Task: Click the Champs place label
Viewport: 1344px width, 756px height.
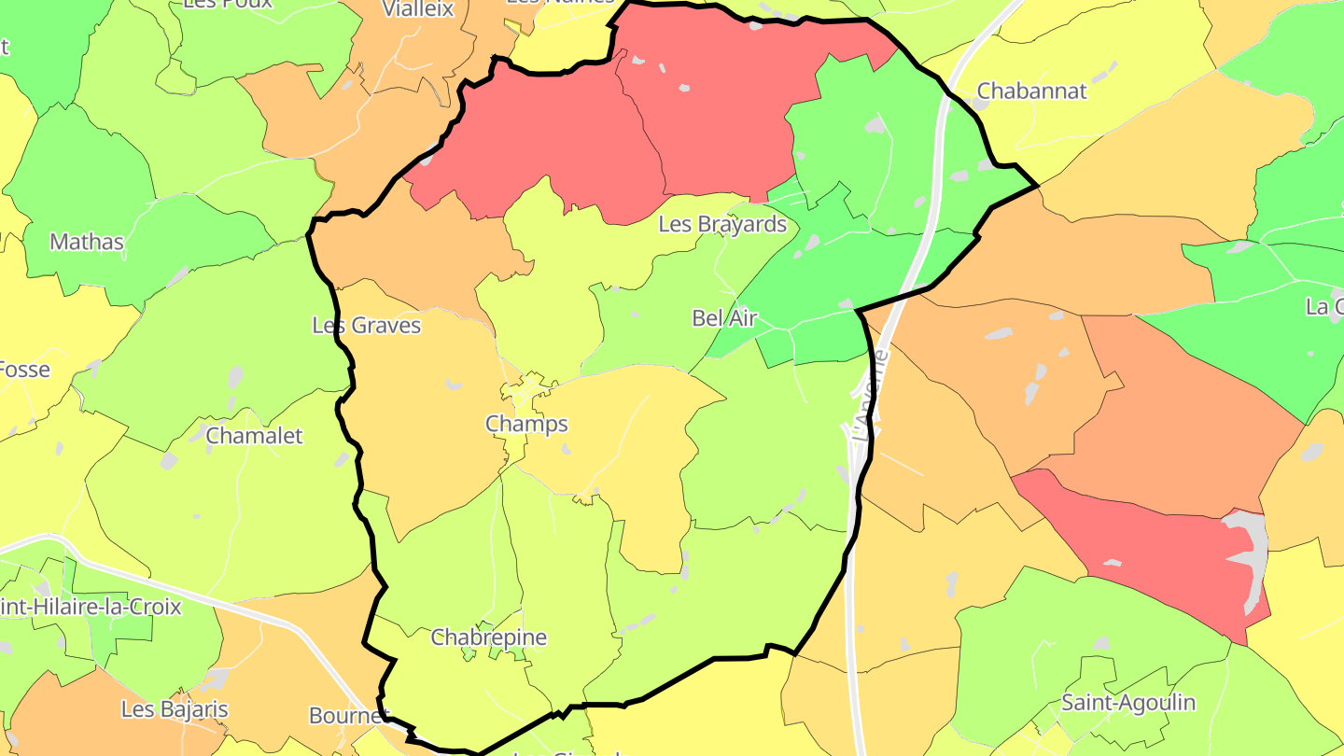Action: pos(526,425)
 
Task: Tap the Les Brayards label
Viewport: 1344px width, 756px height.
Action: pos(722,225)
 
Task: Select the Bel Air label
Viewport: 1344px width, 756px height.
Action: pos(724,318)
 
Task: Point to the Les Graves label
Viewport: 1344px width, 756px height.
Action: pos(366,326)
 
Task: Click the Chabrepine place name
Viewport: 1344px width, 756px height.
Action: pos(488,638)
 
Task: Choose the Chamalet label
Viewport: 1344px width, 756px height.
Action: pos(254,436)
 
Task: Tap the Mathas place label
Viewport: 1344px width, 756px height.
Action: pos(87,243)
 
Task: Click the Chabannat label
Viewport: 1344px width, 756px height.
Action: pos(1031,91)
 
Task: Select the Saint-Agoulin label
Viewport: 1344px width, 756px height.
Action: pos(1128,703)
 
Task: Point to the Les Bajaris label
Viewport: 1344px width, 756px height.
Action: pos(175,709)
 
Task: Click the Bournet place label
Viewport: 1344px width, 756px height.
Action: pos(348,716)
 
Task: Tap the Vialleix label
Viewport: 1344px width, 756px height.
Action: pos(418,9)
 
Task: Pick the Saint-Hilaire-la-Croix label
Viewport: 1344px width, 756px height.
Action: pos(91,608)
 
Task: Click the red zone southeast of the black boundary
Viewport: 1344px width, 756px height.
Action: pos(1139,551)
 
